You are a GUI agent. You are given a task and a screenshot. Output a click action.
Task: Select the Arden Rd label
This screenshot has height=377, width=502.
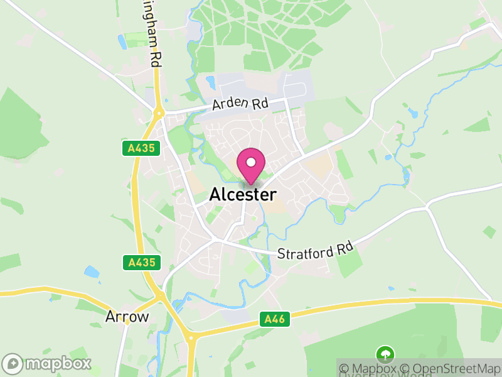240,104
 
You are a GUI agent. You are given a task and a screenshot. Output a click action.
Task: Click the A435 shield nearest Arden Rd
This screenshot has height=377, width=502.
141,148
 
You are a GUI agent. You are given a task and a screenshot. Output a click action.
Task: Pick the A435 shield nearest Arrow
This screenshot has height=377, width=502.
141,262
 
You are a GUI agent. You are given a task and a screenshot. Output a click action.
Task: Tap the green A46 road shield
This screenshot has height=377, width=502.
274,320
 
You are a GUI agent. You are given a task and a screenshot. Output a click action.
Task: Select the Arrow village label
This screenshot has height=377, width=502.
127,316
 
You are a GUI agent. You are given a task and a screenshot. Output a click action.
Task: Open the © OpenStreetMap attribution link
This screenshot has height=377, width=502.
451,369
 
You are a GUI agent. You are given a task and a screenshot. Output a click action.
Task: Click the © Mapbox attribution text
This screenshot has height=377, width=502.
370,369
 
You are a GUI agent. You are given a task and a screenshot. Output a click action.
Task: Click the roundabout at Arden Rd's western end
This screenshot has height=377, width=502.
159,114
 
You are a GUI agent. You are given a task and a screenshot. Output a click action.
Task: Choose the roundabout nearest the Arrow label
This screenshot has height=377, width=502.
161,295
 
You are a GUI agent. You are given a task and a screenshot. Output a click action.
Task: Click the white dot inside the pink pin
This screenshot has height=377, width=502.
251,162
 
